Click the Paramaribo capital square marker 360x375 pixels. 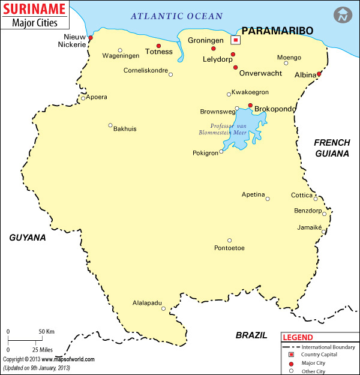coord(236,40)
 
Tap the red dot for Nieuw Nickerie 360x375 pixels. coord(91,38)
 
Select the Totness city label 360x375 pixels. coord(159,52)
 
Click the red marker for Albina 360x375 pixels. coord(319,74)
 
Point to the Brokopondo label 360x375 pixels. coord(275,109)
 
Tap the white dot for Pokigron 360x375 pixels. coord(221,152)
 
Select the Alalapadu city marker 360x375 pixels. coord(163,308)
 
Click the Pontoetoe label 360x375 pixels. coord(229,248)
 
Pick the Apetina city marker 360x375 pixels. coord(268,199)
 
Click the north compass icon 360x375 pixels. coord(343,15)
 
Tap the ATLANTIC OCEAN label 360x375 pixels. coord(177,16)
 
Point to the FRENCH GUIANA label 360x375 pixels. coord(332,148)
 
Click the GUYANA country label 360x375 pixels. coord(28,238)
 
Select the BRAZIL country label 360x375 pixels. coord(251,335)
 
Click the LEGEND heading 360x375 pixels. coord(298,338)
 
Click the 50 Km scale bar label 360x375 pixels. coord(47,331)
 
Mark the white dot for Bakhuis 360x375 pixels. coord(110,125)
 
